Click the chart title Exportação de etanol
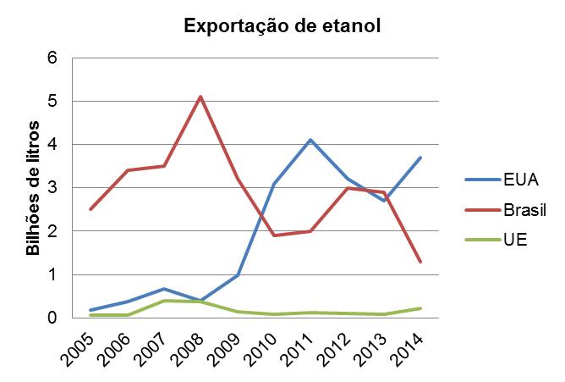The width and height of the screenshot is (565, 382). (282, 26)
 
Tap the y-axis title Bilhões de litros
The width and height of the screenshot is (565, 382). (33, 188)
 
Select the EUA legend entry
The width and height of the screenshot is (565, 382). (502, 180)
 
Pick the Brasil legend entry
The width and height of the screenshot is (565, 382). (506, 209)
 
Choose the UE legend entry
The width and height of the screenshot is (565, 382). (496, 239)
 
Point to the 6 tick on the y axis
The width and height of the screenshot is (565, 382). (52, 58)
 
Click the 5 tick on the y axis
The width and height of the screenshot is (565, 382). (52, 101)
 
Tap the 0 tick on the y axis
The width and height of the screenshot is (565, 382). (52, 318)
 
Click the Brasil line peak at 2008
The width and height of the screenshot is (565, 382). (200, 97)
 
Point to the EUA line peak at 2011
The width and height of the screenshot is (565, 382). (310, 140)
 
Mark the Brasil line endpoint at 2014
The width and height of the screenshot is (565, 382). (420, 262)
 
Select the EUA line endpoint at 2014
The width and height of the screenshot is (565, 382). (420, 158)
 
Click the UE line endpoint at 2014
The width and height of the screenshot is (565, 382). (420, 308)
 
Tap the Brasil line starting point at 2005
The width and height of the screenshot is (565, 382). (91, 209)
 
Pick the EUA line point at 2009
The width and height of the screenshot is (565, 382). (237, 275)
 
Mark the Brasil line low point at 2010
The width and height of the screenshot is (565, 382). (274, 235)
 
